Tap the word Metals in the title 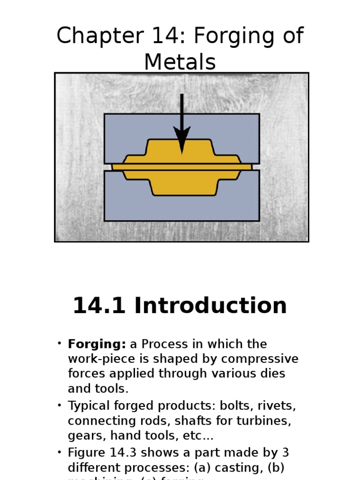click(x=180, y=62)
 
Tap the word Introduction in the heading click(x=210, y=306)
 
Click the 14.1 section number click(x=99, y=306)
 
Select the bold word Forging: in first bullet click(x=97, y=345)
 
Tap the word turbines click(x=268, y=420)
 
